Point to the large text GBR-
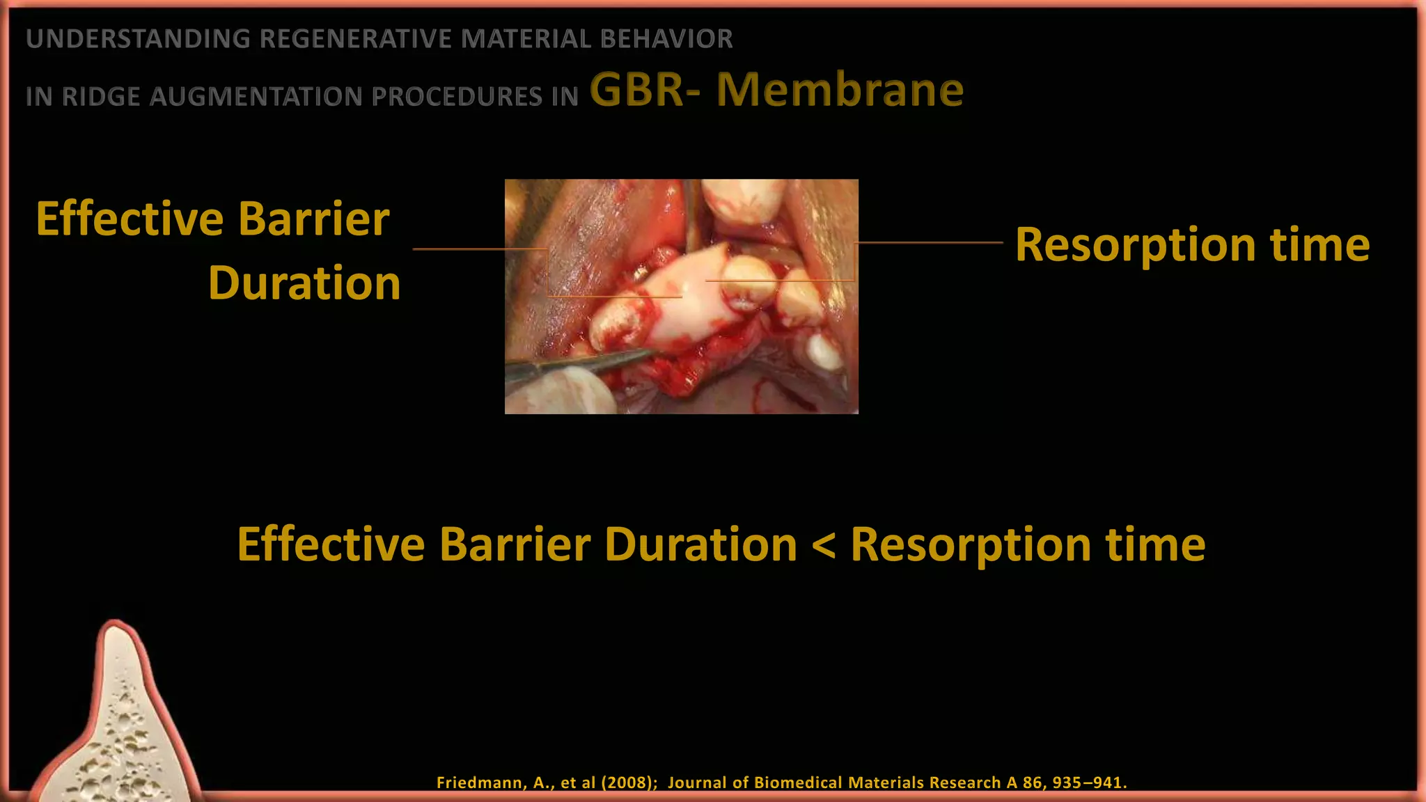[644, 91]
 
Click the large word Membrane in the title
[840, 91]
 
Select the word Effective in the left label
[130, 219]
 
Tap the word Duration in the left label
[304, 283]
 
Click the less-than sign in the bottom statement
[824, 545]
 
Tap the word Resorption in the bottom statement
[970, 545]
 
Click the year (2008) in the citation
[629, 783]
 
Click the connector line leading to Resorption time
[930, 243]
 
